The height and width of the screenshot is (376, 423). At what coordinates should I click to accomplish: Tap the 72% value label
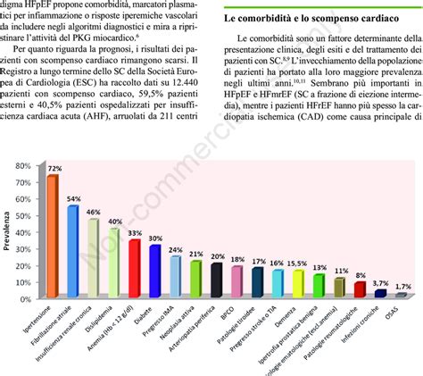(x=54, y=167)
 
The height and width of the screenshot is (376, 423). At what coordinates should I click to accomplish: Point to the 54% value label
(x=74, y=199)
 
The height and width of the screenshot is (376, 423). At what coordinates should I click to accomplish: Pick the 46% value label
(x=94, y=213)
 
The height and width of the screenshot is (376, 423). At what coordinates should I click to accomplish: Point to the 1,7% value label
(x=403, y=286)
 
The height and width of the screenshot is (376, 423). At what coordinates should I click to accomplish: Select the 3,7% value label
(x=381, y=282)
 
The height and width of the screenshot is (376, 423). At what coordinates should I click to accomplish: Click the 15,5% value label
(x=298, y=263)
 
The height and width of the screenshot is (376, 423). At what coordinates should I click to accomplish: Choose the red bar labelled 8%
(x=360, y=288)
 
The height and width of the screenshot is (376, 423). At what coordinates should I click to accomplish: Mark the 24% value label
(x=176, y=250)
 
